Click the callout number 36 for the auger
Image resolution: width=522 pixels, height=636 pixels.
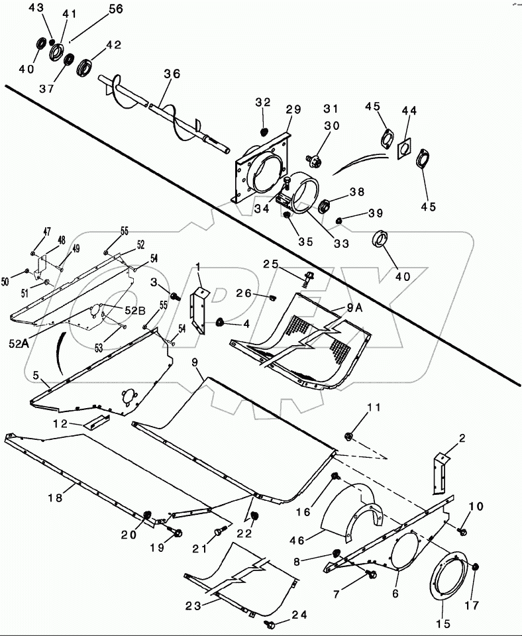pyautogui.click(x=172, y=75)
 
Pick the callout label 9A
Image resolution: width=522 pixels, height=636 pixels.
pyautogui.click(x=354, y=307)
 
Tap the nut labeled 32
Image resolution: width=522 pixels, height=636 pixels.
pyautogui.click(x=263, y=131)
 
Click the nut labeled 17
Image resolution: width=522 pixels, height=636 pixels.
pyautogui.click(x=478, y=567)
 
